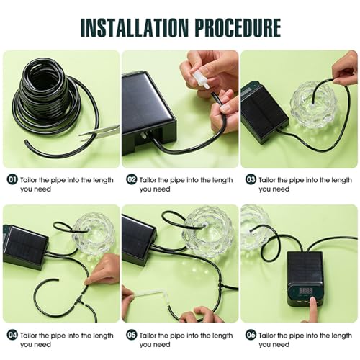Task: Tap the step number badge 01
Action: point(12,179)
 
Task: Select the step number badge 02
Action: point(131,179)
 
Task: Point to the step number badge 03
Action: point(250,179)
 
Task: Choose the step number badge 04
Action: point(12,336)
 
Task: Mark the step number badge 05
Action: point(131,336)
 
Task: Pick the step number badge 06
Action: point(250,336)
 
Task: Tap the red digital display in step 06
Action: point(306,290)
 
